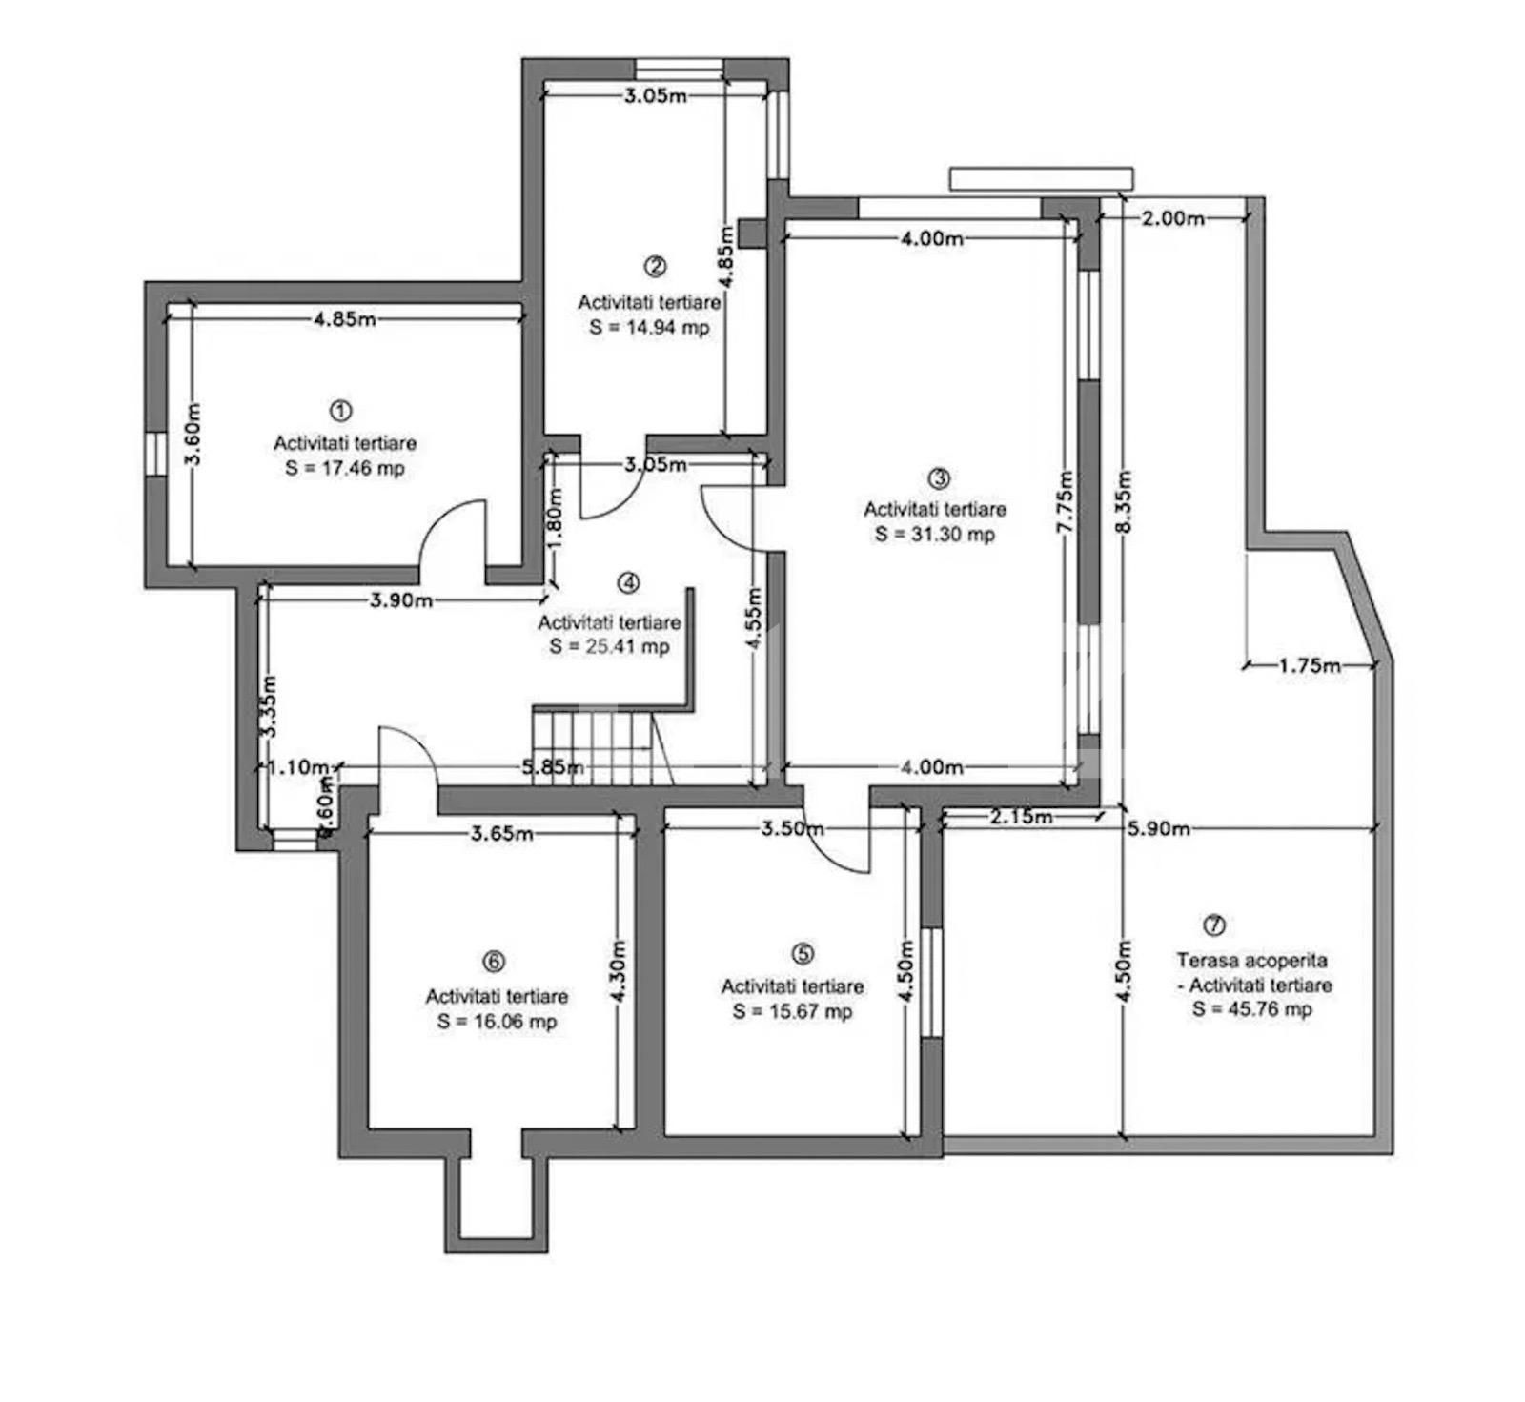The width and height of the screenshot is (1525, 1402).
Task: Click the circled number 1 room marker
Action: coord(340,411)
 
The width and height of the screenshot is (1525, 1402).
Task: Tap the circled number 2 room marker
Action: coord(655,267)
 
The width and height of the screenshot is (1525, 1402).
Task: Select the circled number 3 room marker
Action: coord(939,477)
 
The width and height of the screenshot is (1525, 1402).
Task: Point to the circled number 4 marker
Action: coord(628,582)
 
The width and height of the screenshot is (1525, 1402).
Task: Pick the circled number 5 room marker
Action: coord(803,953)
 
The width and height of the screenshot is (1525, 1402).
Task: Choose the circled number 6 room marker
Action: coord(494,962)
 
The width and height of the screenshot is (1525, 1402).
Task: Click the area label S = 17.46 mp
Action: coord(345,468)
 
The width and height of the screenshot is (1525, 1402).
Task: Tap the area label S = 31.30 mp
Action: coord(935,534)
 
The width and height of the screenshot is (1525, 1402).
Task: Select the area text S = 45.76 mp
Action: coord(1252,1009)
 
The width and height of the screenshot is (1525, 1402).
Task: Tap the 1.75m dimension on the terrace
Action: coord(1310,665)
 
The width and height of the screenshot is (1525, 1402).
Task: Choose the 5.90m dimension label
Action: coord(1158,829)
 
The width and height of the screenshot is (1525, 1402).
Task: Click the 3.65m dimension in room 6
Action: coord(502,834)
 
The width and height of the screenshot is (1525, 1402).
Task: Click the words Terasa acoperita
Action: coord(1251,961)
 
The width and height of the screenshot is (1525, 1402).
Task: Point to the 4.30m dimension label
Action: coord(619,971)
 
